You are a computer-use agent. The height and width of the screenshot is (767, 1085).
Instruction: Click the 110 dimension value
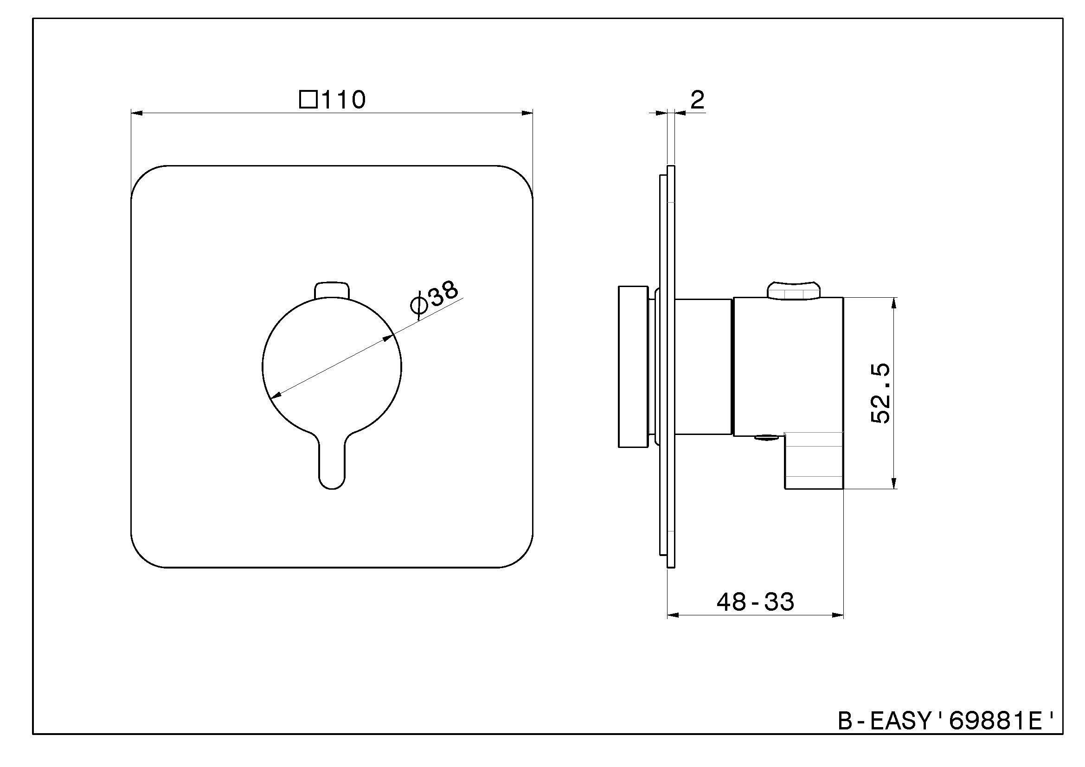pyautogui.click(x=344, y=100)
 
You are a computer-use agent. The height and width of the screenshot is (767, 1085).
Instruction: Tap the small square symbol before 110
pyautogui.click(x=308, y=100)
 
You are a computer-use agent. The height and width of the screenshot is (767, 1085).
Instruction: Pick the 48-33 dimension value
pyautogui.click(x=755, y=602)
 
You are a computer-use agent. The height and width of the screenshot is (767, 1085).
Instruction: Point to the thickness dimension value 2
pyautogui.click(x=698, y=100)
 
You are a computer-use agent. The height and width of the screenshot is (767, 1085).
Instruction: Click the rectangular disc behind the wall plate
pyautogui.click(x=633, y=366)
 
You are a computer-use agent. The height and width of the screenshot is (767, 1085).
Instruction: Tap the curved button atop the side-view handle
pyautogui.click(x=794, y=289)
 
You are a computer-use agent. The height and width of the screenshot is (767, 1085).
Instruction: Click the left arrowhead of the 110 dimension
pyautogui.click(x=136, y=113)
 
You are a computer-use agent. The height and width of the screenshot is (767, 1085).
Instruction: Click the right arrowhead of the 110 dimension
pyautogui.click(x=527, y=113)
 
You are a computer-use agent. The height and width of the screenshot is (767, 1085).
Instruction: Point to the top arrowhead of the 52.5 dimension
pyautogui.click(x=893, y=303)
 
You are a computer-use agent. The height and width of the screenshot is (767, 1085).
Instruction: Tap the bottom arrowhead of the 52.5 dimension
pyautogui.click(x=893, y=482)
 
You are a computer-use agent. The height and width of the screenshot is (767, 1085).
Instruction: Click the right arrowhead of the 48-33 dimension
pyautogui.click(x=837, y=615)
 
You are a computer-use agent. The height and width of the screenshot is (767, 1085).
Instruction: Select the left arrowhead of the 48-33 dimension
pyautogui.click(x=673, y=615)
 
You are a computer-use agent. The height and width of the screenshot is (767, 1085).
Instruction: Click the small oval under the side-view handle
pyautogui.click(x=765, y=437)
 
